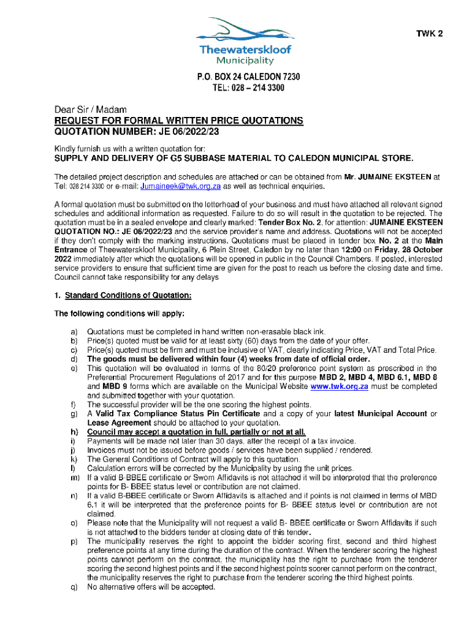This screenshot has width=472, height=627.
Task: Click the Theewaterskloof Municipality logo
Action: coord(236,40)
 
